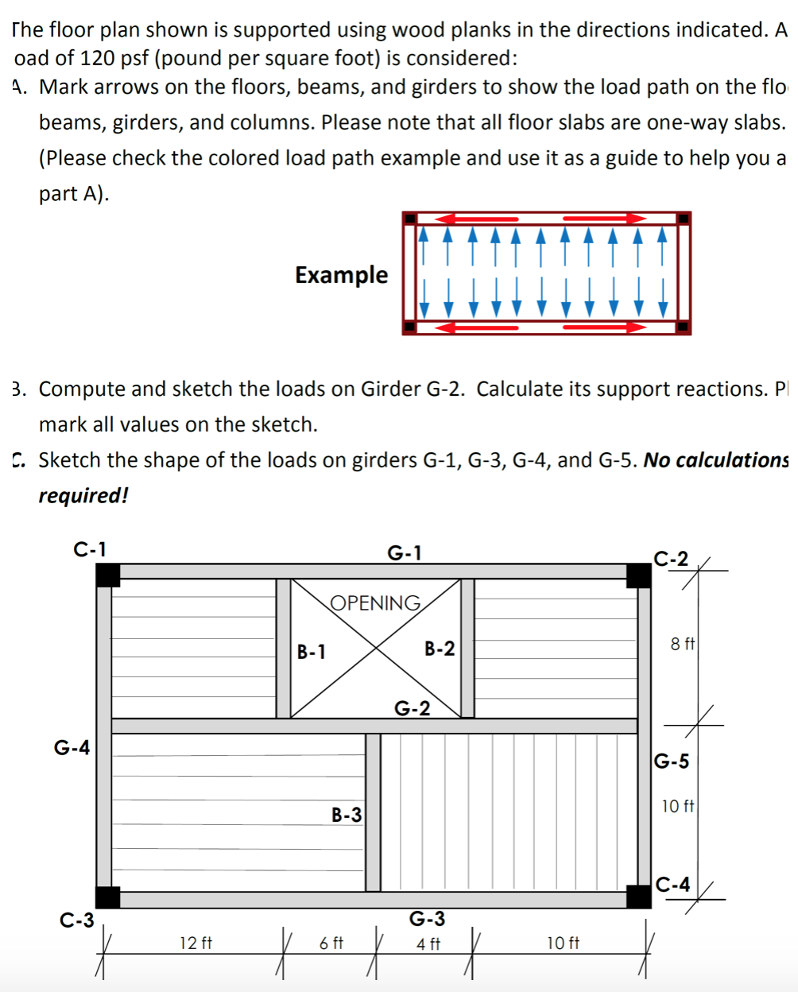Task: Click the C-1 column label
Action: [89, 548]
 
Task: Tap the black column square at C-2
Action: [638, 575]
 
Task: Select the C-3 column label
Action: [77, 920]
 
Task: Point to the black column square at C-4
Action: [638, 896]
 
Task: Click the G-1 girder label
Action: [405, 552]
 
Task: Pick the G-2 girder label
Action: [413, 707]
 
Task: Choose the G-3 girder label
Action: [427, 919]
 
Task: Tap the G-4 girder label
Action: [72, 747]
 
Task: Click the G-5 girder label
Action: [672, 761]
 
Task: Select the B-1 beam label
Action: [311, 652]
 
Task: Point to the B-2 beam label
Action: [440, 649]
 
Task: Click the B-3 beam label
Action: [347, 814]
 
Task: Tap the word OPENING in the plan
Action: [375, 603]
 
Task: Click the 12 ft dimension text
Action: [196, 944]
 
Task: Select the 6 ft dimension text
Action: [331, 944]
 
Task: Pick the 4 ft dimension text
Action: [428, 944]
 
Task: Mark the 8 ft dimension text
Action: [682, 644]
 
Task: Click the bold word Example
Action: [342, 275]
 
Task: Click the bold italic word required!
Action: [83, 495]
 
